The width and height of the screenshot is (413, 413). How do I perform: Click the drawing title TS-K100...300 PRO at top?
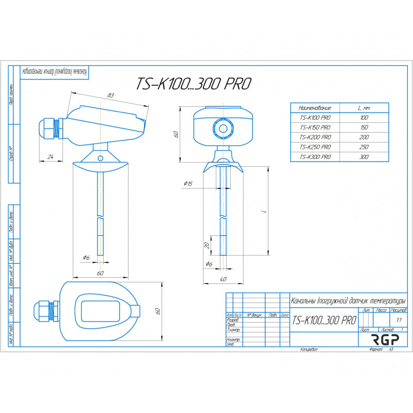click(x=193, y=84)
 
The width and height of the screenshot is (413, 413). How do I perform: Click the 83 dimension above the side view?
click(x=110, y=96)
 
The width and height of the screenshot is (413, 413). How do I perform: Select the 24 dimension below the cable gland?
click(x=50, y=156)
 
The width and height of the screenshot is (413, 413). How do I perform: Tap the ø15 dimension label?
click(x=187, y=184)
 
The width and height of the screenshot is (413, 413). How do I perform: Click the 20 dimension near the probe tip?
click(x=207, y=245)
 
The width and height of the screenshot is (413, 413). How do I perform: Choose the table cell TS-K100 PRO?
click(x=315, y=118)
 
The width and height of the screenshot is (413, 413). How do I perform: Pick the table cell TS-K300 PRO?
click(x=315, y=156)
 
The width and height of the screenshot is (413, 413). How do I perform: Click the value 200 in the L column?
click(x=364, y=137)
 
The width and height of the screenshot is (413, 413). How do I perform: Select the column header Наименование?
click(x=315, y=108)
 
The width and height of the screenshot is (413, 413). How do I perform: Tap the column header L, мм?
click(x=364, y=108)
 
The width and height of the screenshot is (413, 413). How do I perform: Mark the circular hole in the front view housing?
click(x=223, y=128)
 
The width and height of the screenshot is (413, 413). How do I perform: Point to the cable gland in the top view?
click(x=46, y=312)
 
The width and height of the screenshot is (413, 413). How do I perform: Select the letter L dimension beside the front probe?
click(x=264, y=212)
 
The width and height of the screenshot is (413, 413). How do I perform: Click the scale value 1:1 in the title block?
click(x=398, y=320)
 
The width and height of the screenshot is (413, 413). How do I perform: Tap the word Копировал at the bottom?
click(x=309, y=350)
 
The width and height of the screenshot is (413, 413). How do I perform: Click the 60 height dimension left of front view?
click(x=176, y=134)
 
